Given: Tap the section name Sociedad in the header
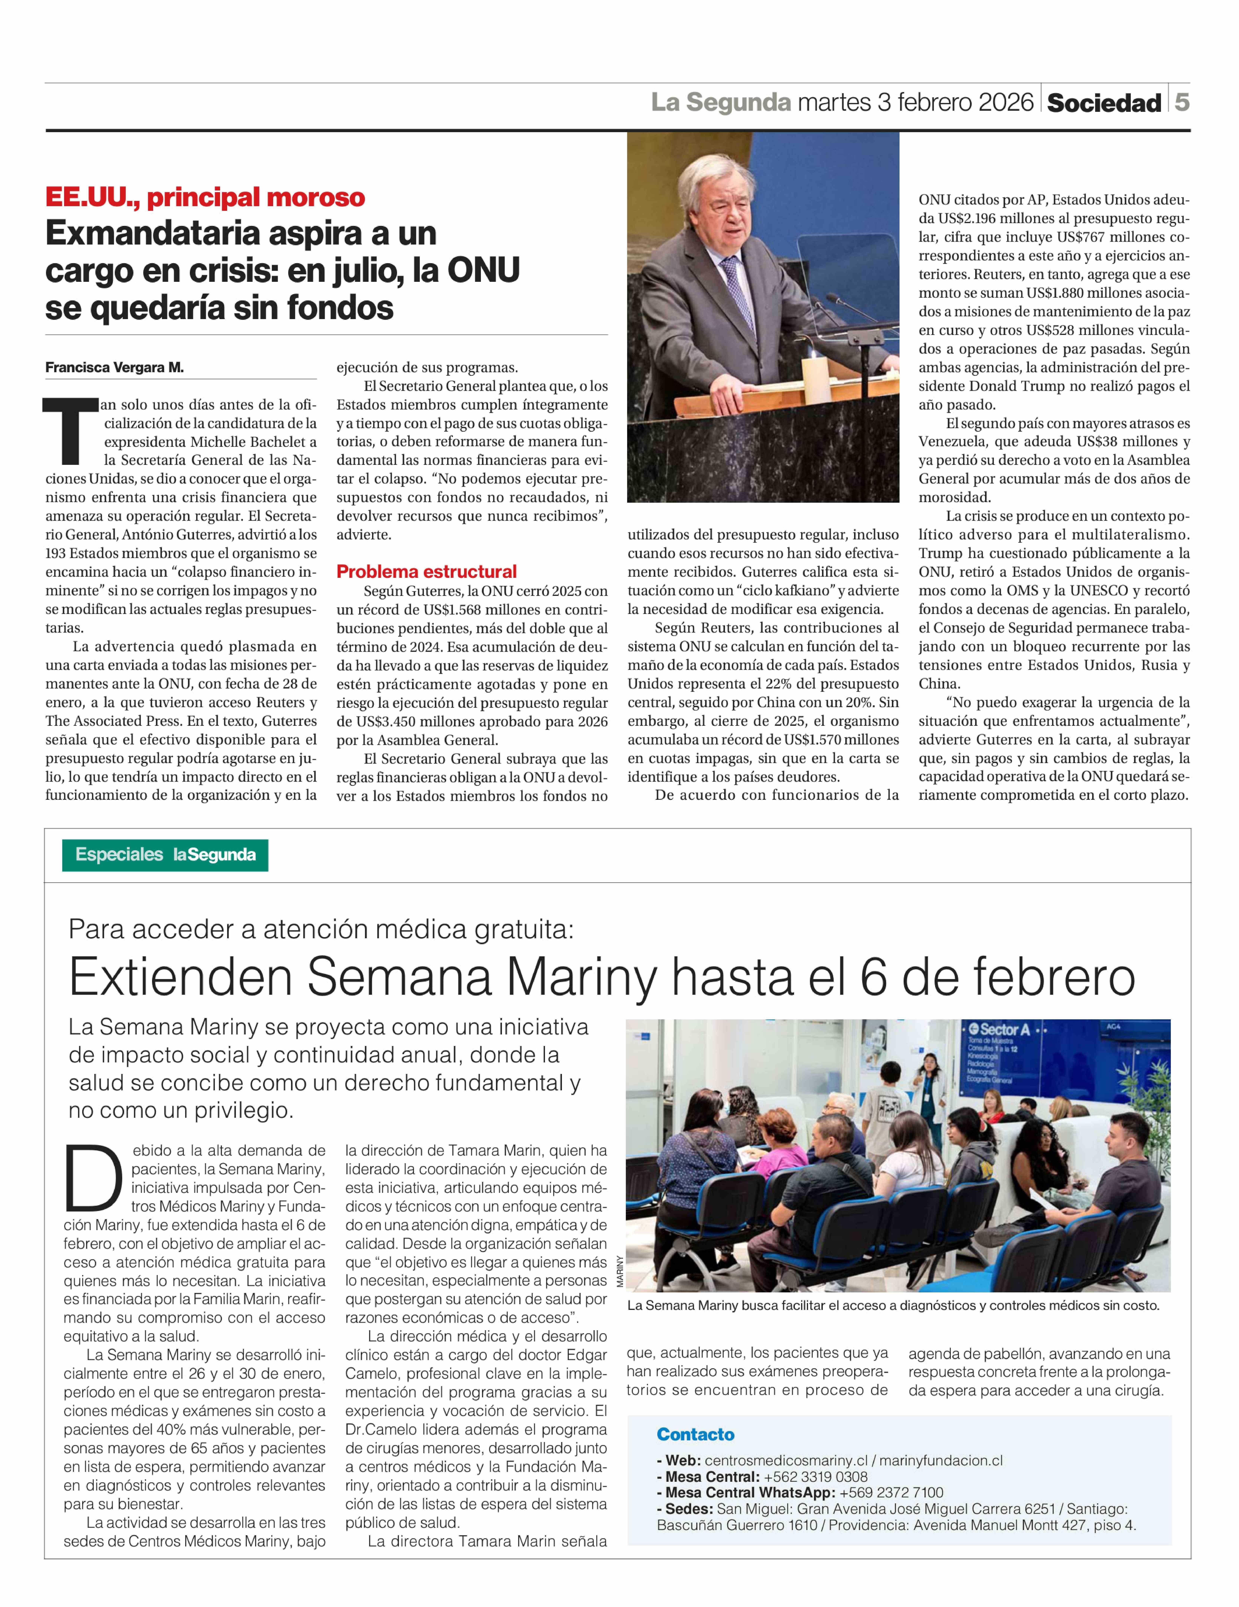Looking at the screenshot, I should pos(1104,103).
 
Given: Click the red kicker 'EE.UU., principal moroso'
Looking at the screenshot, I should pos(205,197).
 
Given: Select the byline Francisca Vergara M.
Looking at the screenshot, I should pos(114,367).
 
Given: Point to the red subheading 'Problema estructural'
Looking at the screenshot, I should pos(427,572).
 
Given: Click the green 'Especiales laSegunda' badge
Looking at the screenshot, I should pos(165,855).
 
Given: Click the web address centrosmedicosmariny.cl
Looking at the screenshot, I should pos(786,1461).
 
